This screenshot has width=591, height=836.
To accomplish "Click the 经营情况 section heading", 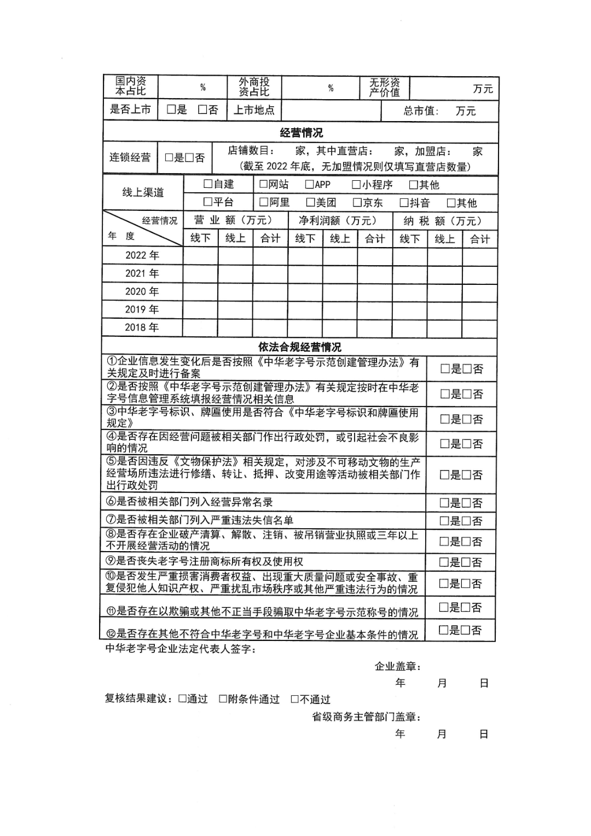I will click(301, 133).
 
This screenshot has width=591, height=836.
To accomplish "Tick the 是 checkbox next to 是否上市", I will click(171, 110).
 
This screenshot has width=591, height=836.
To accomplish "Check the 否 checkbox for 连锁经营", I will click(189, 158).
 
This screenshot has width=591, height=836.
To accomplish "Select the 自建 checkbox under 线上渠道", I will click(208, 184).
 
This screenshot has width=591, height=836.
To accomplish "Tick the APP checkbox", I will click(310, 185).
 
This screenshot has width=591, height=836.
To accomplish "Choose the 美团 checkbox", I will click(310, 203).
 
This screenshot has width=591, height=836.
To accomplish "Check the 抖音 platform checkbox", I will click(404, 203).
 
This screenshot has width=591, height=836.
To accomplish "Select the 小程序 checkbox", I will click(356, 185).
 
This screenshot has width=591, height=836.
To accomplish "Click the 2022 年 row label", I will click(142, 255).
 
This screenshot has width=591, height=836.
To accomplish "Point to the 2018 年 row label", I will click(142, 328).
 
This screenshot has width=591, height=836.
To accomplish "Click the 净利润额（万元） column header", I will click(338, 221).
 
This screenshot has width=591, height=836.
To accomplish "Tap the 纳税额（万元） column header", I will click(443, 221).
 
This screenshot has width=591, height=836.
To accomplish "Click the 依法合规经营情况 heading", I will click(299, 347).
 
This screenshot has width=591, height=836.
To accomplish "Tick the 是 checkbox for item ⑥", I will click(444, 503).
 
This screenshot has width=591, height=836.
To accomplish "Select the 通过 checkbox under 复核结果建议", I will click(183, 699).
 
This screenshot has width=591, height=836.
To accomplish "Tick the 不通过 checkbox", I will click(295, 699).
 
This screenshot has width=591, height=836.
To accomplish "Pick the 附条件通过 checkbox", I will click(223, 699).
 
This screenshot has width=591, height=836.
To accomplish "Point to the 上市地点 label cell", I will click(254, 110).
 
